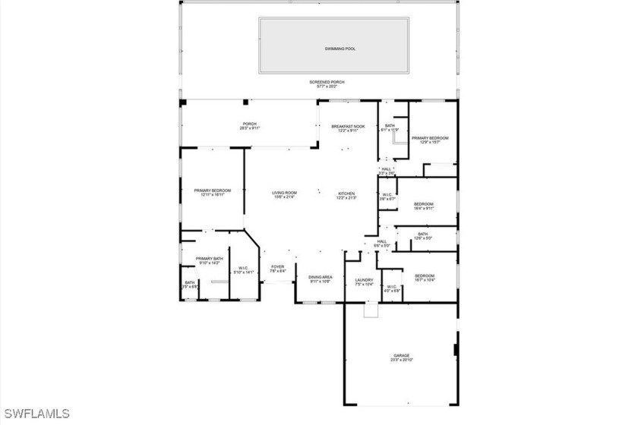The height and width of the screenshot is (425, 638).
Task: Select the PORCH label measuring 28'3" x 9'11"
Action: [249, 126]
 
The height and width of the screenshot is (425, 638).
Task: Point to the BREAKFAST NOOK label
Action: [348, 128]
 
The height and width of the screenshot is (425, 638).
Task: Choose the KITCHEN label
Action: [346, 195]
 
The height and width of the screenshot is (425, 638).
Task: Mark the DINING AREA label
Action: [321, 279]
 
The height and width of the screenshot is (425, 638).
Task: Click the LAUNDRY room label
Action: [365, 282]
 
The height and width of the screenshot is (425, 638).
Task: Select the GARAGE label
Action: [401, 357]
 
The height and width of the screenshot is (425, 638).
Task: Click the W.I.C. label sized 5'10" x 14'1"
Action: [243, 269]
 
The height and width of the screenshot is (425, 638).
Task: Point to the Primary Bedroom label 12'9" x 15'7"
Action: [430, 140]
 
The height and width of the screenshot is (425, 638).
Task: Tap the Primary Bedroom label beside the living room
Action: [212, 192]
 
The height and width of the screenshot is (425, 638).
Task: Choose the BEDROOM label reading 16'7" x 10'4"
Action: [425, 278]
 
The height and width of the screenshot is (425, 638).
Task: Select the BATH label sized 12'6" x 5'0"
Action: [422, 236]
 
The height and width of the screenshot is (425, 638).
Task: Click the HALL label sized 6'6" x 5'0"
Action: [381, 244]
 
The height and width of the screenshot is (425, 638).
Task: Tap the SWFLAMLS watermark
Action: [36, 414]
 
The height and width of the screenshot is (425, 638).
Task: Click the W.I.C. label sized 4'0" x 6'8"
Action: [391, 288]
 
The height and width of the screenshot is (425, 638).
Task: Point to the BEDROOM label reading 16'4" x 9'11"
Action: [424, 206]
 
